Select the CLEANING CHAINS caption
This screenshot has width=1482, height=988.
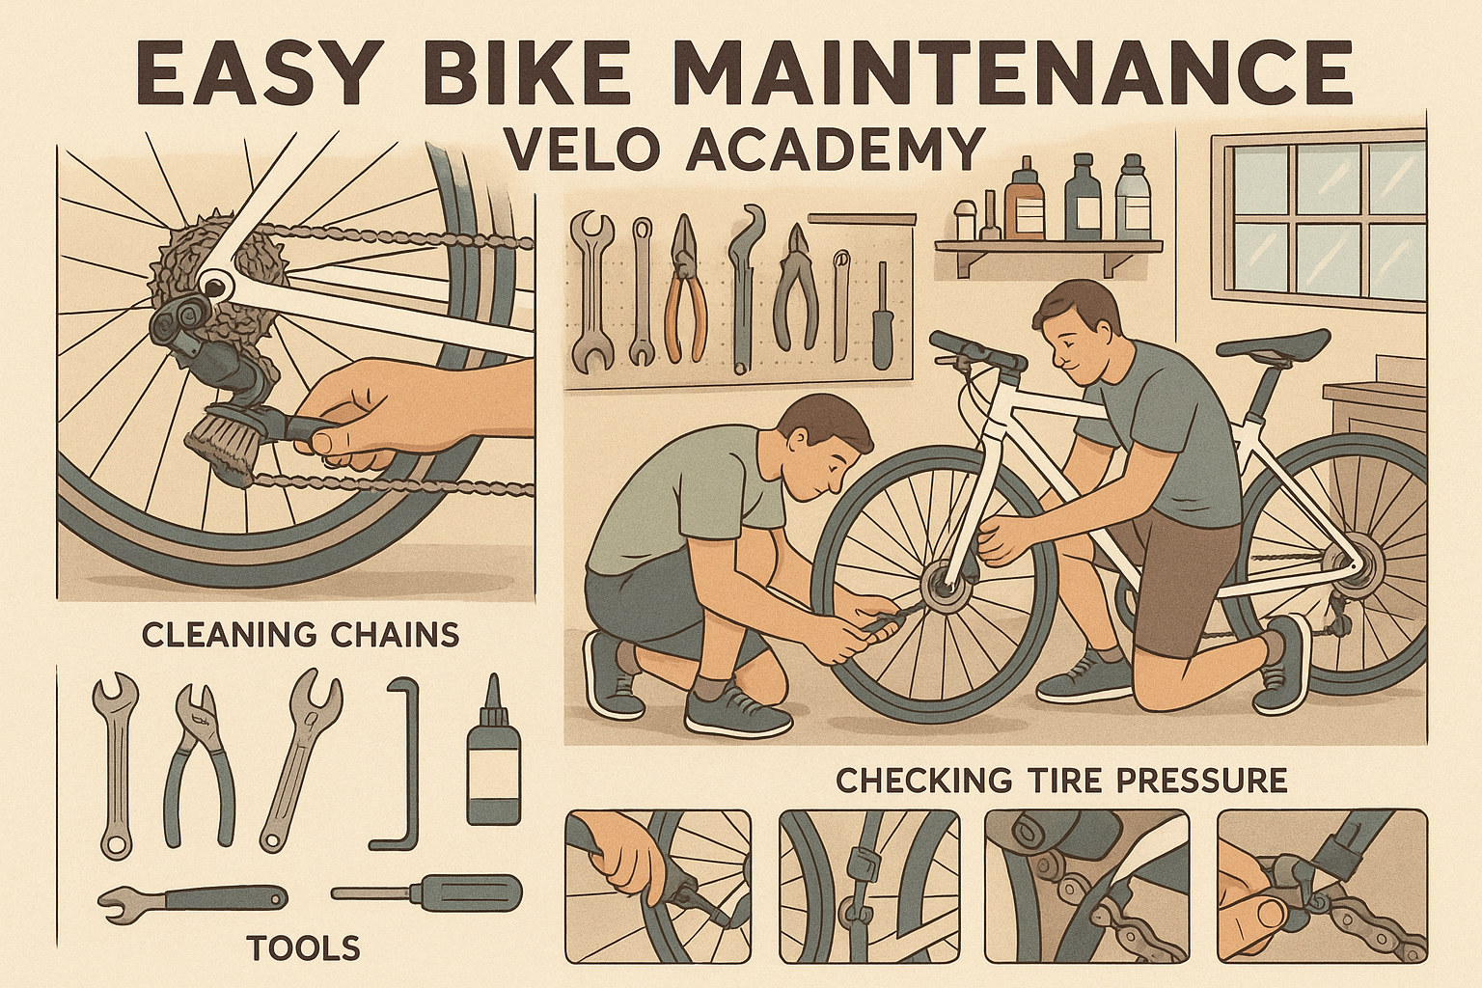300,635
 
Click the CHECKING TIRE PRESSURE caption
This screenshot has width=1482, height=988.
1061,780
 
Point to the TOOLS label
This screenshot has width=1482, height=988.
303,948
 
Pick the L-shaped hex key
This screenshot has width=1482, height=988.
401,762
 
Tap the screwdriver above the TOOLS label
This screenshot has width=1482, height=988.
426,891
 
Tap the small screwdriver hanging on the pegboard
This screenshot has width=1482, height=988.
880,318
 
